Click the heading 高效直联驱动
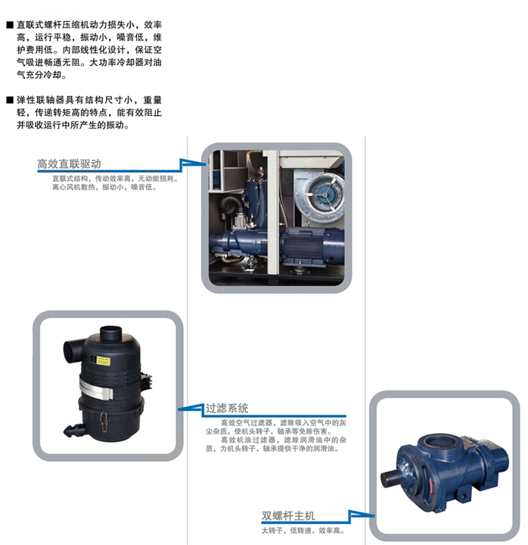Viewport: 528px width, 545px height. point(69,163)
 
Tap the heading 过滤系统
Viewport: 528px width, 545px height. point(227,408)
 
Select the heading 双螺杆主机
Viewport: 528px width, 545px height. point(288,515)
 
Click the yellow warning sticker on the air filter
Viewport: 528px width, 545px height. point(102,361)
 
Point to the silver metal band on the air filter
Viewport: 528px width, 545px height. point(95,389)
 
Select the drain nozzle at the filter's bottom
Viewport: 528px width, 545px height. point(72,431)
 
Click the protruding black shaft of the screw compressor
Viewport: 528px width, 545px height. point(392,478)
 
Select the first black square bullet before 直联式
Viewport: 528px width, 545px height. point(10,25)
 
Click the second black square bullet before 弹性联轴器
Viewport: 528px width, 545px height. point(10,100)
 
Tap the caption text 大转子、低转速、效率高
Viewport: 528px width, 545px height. point(303,531)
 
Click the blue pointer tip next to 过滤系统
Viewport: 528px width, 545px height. point(179,409)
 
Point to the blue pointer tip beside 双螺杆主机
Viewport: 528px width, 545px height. point(374,515)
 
